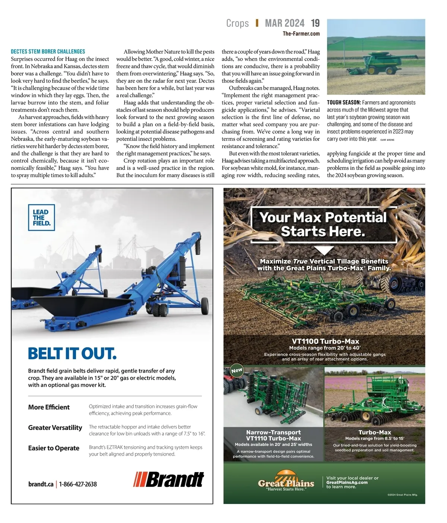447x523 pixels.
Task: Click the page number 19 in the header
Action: (315, 23)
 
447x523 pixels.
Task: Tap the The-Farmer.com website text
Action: (301, 34)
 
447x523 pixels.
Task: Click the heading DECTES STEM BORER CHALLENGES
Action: (48, 51)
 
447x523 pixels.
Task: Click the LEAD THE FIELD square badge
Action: (41, 217)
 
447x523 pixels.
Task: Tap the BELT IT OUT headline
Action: (72, 353)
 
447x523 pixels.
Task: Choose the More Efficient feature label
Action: (49, 407)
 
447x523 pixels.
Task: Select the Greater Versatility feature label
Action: (55, 427)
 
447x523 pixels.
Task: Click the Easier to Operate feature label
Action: (54, 448)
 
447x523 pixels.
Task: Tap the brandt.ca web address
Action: (41, 484)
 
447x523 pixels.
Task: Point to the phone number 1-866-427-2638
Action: (78, 484)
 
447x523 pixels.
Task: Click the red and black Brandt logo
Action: (169, 479)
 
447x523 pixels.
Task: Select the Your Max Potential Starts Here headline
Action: (323, 224)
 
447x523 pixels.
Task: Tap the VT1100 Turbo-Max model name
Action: (325, 341)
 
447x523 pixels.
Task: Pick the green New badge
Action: (237, 370)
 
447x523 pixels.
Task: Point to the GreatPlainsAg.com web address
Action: (347, 482)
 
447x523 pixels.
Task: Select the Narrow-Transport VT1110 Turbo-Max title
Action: (273, 435)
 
